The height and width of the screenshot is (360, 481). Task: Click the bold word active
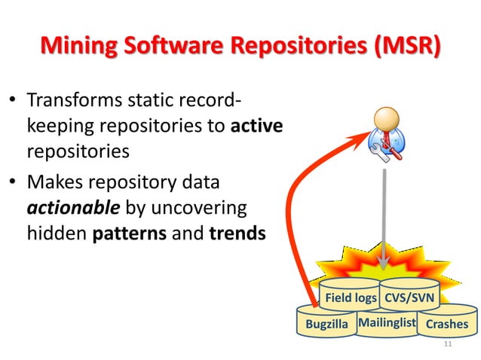256,126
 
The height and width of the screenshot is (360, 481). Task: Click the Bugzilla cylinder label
326,325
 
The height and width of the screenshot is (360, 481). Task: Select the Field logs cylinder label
351,298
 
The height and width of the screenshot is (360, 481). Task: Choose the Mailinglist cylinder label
388,323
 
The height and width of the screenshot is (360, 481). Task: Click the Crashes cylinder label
447,325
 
